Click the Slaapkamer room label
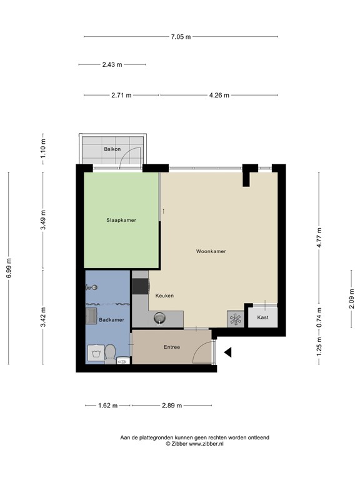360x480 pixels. pos(121,220)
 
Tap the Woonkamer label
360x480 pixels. pos(211,251)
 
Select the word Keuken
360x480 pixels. pos(164,296)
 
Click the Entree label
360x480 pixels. pos(172,347)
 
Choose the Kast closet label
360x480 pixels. pos(264,317)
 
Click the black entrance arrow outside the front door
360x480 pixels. pos(228,353)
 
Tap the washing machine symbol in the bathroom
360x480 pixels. pos(96,354)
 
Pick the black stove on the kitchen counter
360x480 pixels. pos(138,286)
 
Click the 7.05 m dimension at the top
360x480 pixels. pos(181,37)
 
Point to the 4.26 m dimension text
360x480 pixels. pos(219,95)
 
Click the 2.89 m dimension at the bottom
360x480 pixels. pos(171,406)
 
